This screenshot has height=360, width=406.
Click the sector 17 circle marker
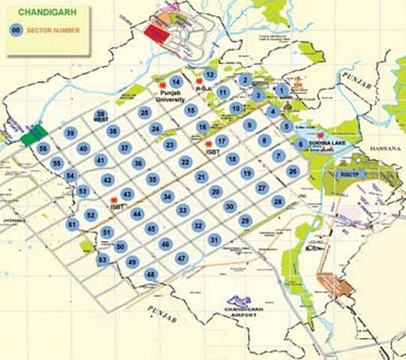(221, 141)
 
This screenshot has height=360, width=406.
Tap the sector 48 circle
(151, 275)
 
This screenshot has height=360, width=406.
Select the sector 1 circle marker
(281, 91)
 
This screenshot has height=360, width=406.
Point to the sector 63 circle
(103, 259)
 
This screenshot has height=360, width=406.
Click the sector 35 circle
(152, 179)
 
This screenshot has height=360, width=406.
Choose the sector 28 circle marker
(278, 202)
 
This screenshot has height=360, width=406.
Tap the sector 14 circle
(176, 82)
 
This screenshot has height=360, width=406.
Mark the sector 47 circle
(181, 258)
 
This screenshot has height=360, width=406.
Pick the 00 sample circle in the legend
(15, 31)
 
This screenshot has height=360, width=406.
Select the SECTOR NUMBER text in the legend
(50, 31)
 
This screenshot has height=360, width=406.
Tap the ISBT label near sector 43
(116, 207)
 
